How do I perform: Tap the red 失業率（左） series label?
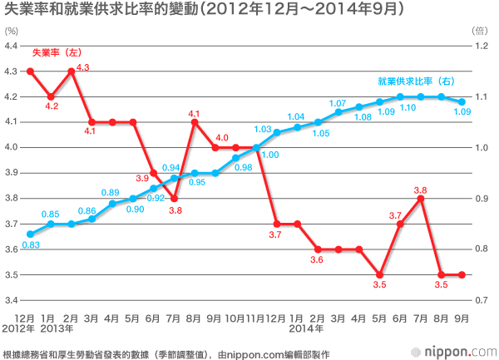(x=57, y=53)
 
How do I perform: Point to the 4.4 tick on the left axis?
(x=12, y=46)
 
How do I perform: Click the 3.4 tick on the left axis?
(x=12, y=299)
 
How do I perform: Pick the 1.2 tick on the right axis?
(x=481, y=46)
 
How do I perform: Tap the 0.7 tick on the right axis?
(x=481, y=299)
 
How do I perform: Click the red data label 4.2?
(x=52, y=107)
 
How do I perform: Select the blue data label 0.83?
(x=31, y=245)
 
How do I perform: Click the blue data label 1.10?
(x=408, y=108)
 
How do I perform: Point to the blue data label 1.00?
(x=270, y=155)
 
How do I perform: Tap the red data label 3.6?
(x=318, y=260)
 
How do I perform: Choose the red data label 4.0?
(x=222, y=137)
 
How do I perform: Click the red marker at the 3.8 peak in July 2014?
(x=421, y=198)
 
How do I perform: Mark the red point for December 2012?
(x=30, y=72)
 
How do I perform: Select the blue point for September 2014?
(x=462, y=101)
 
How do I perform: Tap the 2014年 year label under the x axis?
(x=297, y=328)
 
